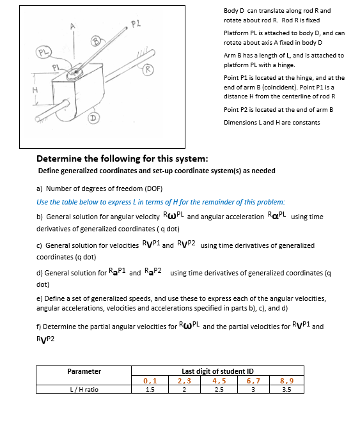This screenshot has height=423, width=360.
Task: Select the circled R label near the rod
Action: (x=148, y=68)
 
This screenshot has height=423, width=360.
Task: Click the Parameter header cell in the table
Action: (x=84, y=371)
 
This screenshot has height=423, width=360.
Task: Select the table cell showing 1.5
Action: (x=150, y=388)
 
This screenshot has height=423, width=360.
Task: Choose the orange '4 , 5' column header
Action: (x=217, y=380)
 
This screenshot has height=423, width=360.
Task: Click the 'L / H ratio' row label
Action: (x=84, y=388)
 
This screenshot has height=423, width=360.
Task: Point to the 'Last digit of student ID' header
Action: (x=217, y=371)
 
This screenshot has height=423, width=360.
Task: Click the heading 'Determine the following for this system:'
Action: (x=122, y=158)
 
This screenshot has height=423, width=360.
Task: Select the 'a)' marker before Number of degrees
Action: (x=40, y=188)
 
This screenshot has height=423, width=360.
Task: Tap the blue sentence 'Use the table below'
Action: (x=160, y=201)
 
